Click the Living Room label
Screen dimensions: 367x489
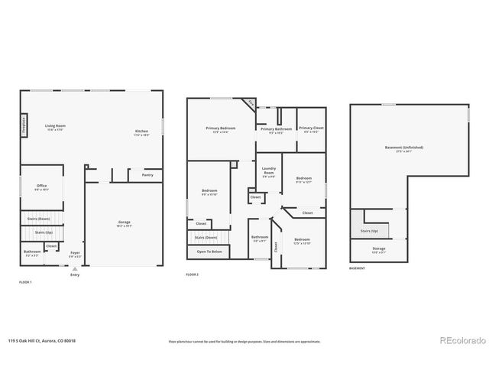54,127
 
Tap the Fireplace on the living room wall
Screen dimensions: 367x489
24,124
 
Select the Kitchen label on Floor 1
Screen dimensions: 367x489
142,133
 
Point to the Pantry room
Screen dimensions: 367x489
147,175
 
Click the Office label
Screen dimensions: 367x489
42,187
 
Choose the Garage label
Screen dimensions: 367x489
124,223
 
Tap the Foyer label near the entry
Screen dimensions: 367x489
75,253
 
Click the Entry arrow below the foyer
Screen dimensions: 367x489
74,271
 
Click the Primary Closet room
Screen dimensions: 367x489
310,129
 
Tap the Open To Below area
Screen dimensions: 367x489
209,252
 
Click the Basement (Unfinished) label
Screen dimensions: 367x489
404,148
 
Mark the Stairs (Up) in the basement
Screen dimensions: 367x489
369,229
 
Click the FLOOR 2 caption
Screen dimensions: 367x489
192,274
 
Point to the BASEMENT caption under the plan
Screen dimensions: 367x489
357,268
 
